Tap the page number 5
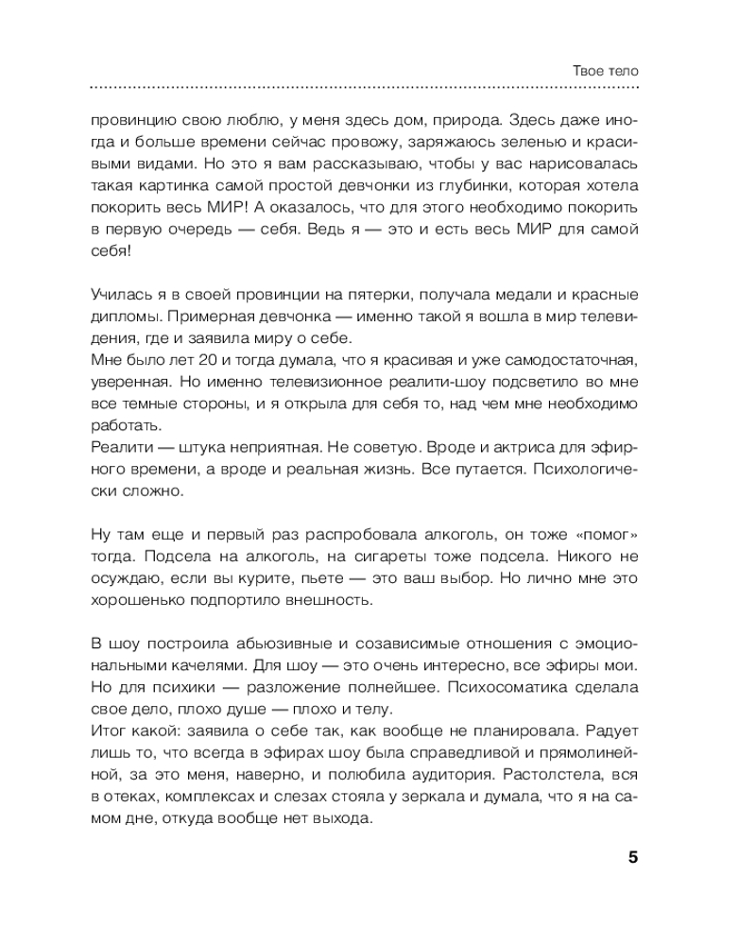pyautogui.click(x=633, y=858)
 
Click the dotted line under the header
pyautogui.click(x=364, y=88)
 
